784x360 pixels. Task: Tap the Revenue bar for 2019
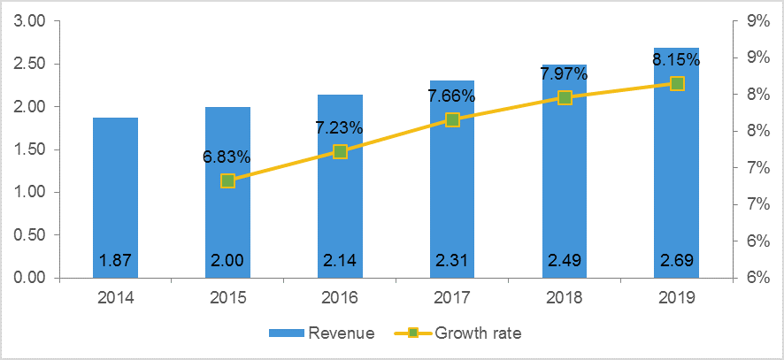(x=676, y=177)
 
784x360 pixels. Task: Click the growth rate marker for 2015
(x=227, y=180)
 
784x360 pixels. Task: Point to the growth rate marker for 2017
(x=452, y=119)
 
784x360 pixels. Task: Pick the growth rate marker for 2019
(x=677, y=83)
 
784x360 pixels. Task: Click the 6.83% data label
(x=227, y=157)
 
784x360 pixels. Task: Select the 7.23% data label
(x=339, y=127)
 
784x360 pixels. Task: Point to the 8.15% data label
(x=676, y=60)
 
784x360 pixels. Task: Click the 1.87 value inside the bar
(x=115, y=262)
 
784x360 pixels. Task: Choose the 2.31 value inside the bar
(x=452, y=262)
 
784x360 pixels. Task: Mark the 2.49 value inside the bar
(x=565, y=262)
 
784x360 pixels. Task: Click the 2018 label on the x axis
(x=565, y=298)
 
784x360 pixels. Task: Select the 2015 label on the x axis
(x=227, y=298)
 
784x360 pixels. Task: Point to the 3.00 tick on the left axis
(x=31, y=21)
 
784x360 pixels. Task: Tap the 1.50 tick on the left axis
(x=31, y=149)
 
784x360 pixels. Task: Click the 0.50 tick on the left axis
(x=31, y=235)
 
